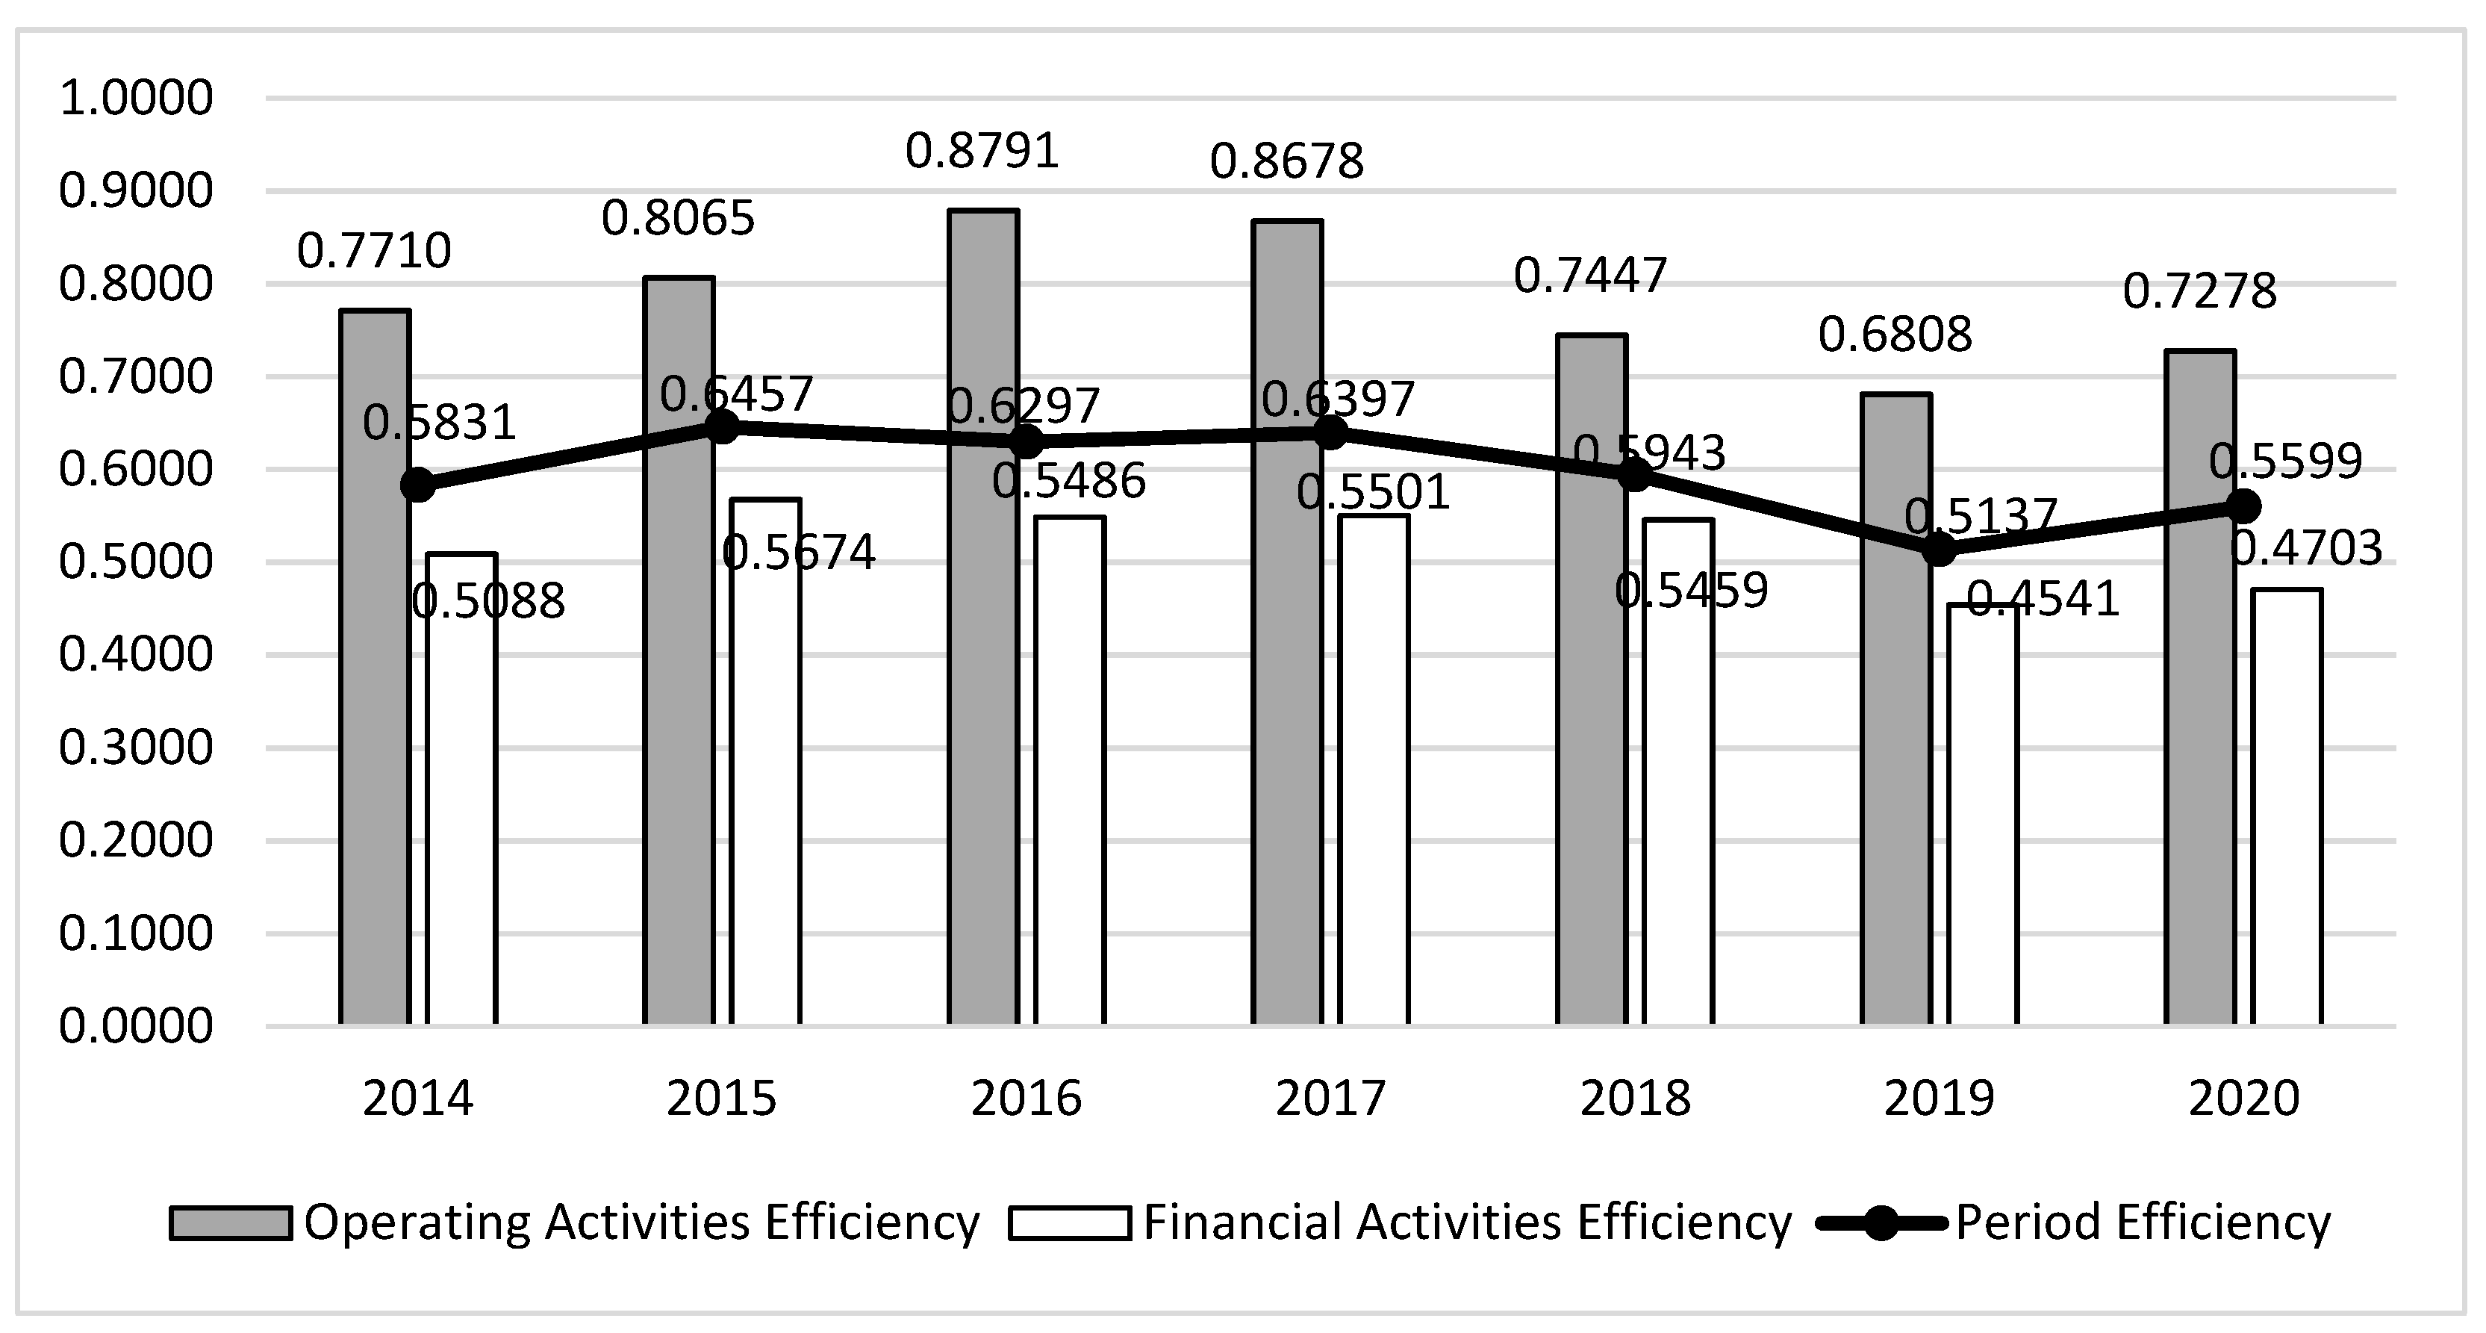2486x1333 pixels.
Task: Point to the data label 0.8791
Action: point(982,152)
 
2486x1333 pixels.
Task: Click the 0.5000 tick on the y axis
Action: point(135,562)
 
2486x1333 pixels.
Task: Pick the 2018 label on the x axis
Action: point(1635,1099)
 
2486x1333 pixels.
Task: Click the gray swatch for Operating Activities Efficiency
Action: point(230,1222)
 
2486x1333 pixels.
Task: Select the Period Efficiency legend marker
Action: point(1880,1222)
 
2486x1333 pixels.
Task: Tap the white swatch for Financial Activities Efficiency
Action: point(1069,1222)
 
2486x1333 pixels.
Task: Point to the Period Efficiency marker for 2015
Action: point(722,426)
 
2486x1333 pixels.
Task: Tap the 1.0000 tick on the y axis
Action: point(135,98)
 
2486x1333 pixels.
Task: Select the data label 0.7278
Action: point(2199,290)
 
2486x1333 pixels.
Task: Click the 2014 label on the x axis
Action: point(418,1099)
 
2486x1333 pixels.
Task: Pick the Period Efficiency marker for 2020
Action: point(2244,506)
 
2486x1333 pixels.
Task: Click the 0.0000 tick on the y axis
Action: point(135,1025)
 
